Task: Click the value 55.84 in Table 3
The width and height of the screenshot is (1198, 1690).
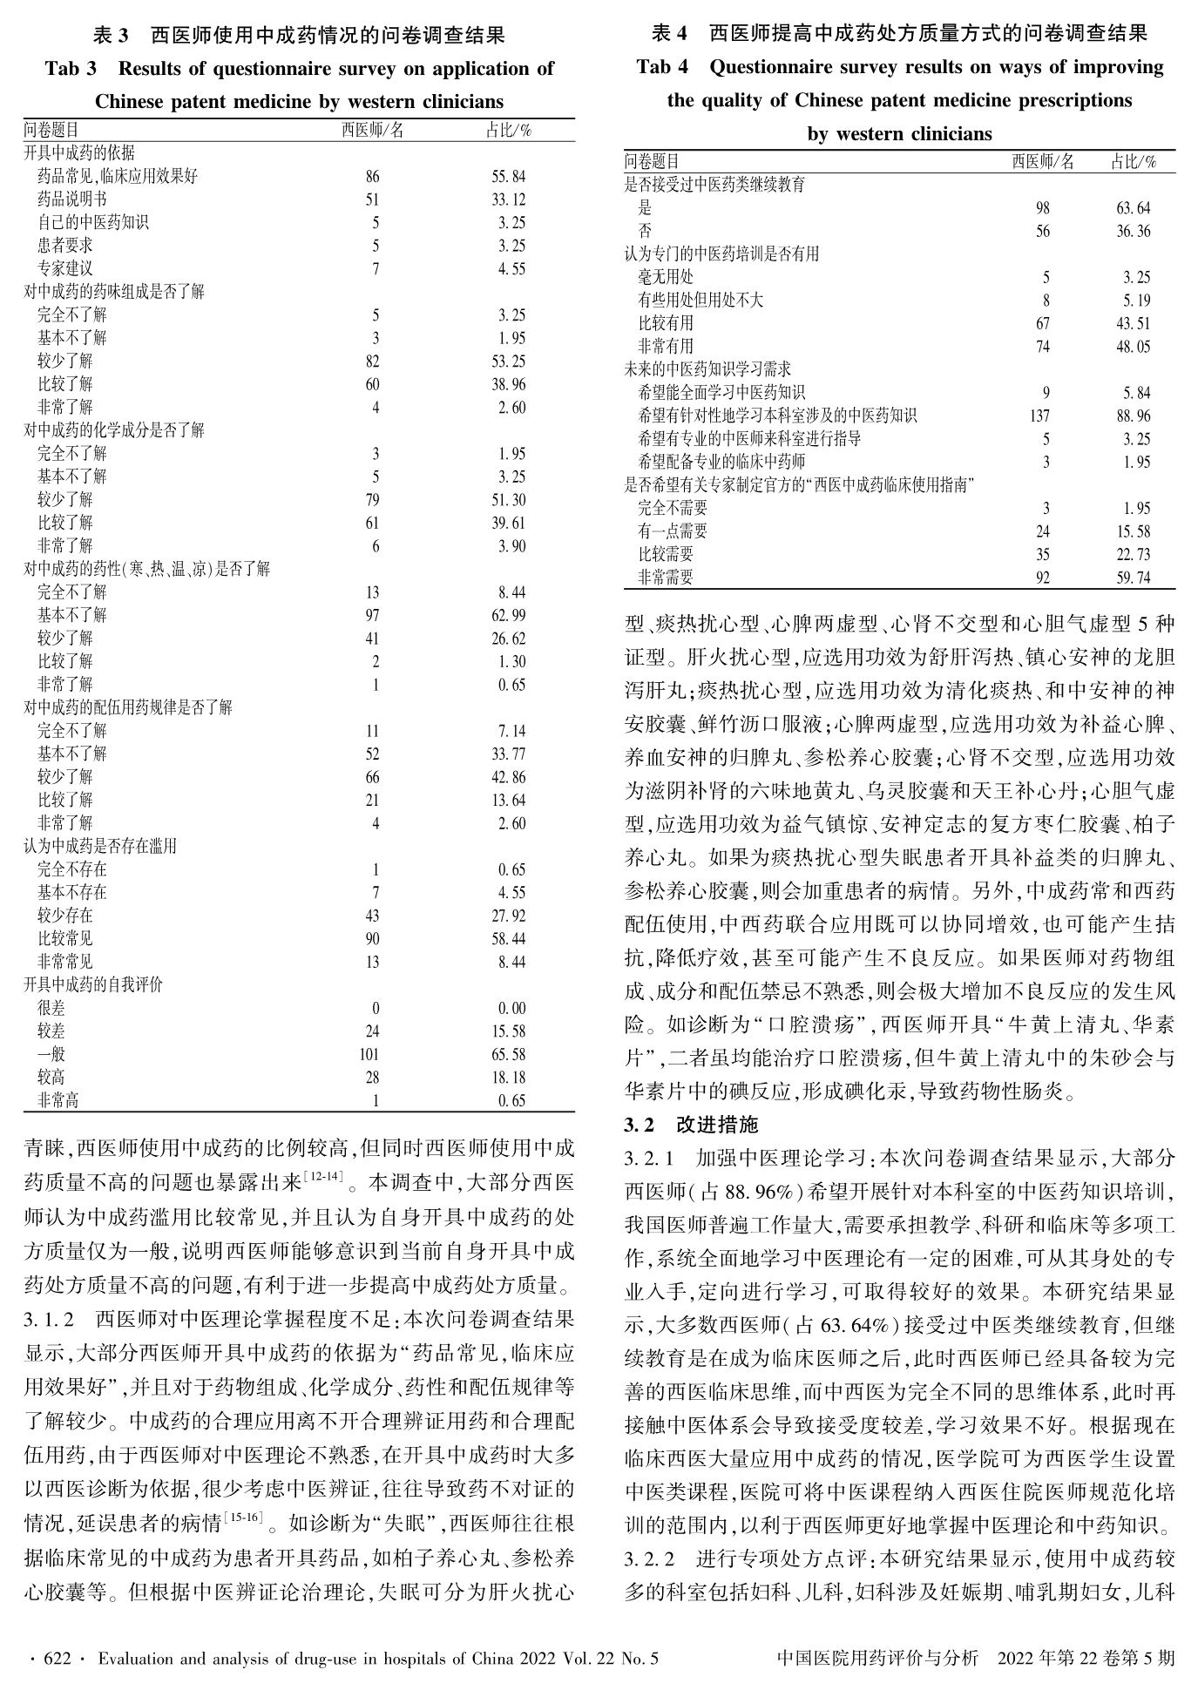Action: [509, 177]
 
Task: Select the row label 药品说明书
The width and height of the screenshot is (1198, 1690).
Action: [72, 199]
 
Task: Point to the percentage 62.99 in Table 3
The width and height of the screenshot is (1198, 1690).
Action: [509, 616]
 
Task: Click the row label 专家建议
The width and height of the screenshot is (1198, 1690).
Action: [65, 269]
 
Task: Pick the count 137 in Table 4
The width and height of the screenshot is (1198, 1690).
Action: [1039, 416]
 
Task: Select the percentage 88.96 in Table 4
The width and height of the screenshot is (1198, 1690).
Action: [1134, 416]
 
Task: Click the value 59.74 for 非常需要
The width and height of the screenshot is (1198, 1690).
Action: [1134, 578]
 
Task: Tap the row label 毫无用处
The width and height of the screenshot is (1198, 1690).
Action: [667, 278]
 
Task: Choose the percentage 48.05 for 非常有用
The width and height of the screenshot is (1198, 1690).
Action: [1134, 347]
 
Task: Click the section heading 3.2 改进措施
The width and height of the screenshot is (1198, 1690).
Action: [692, 1126]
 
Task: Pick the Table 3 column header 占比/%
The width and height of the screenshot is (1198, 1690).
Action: [509, 131]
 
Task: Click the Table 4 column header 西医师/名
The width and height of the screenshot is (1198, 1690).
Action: [1043, 162]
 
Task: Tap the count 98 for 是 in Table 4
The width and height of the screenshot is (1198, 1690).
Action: [1043, 208]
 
